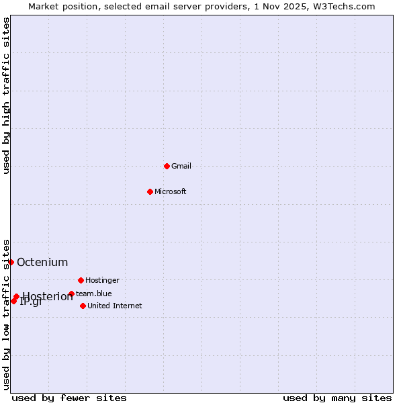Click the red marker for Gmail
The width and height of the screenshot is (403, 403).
167,166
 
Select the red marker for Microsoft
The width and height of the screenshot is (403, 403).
150,191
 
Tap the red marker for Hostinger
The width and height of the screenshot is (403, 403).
81,280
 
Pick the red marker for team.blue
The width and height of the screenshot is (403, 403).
71,294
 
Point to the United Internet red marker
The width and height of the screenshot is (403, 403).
83,306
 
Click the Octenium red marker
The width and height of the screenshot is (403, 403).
11,262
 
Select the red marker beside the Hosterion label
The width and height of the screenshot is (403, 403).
16,296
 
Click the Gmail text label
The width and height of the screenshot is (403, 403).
181,166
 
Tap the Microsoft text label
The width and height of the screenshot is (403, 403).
170,191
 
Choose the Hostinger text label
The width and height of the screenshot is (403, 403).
102,280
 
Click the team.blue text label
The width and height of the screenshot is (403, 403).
93,294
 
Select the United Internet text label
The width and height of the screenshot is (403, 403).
114,306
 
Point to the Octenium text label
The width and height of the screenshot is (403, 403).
42,262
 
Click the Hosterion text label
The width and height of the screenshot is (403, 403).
48,297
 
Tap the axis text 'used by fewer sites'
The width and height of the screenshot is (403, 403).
69,398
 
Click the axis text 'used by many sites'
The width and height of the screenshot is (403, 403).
337,398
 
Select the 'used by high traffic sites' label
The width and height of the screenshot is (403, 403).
7,95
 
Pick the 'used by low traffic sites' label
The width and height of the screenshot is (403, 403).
7,314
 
